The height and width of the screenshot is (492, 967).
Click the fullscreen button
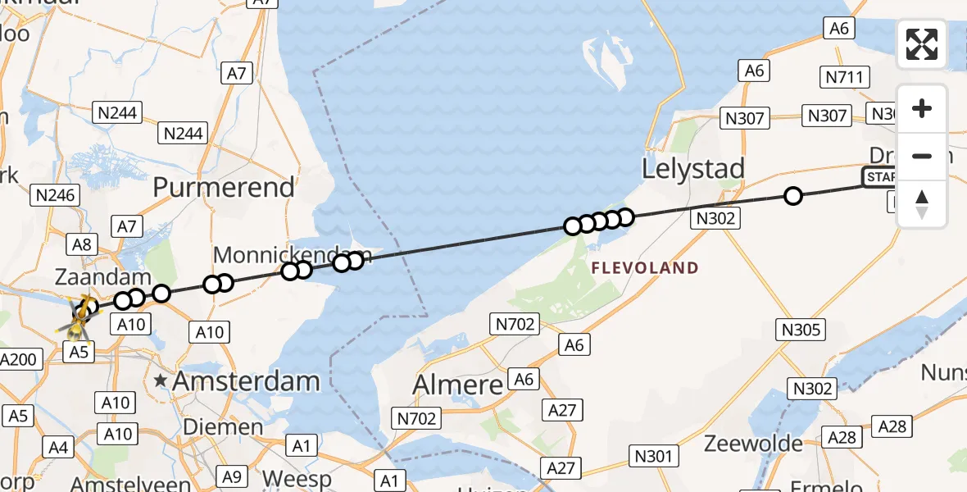(x=922, y=44)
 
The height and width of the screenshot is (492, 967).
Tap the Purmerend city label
(x=224, y=187)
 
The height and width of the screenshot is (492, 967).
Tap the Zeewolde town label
(x=754, y=444)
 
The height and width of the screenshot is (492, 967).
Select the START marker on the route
(x=879, y=177)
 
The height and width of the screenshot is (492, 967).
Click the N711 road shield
(x=843, y=78)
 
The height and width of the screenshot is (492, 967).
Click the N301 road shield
(x=652, y=455)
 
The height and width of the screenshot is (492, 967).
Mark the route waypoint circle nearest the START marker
(x=792, y=195)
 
